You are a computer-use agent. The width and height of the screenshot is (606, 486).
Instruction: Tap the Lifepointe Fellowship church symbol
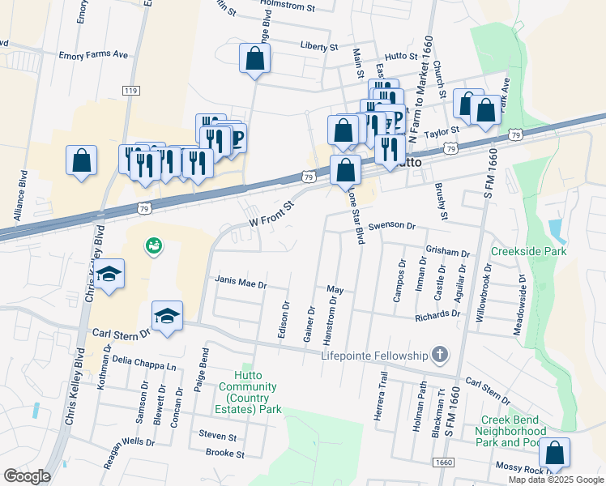tap(439, 355)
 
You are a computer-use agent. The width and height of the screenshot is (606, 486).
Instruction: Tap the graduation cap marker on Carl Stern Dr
tap(167, 316)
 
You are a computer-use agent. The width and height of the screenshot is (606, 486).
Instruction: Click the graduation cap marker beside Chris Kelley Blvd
tap(108, 275)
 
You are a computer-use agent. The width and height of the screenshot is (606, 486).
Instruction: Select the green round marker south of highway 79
tap(152, 244)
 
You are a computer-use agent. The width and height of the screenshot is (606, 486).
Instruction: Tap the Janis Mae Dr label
tap(241, 281)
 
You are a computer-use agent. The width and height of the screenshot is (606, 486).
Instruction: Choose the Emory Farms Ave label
tap(94, 56)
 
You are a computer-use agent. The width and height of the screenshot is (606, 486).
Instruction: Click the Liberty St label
tap(318, 47)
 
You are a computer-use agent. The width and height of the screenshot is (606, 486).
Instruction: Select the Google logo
tap(28, 476)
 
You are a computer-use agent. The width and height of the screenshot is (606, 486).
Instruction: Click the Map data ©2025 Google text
tap(556, 480)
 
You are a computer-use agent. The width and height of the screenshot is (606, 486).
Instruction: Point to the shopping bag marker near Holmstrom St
tap(254, 58)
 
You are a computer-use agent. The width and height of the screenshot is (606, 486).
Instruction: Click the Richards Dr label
tap(437, 314)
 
